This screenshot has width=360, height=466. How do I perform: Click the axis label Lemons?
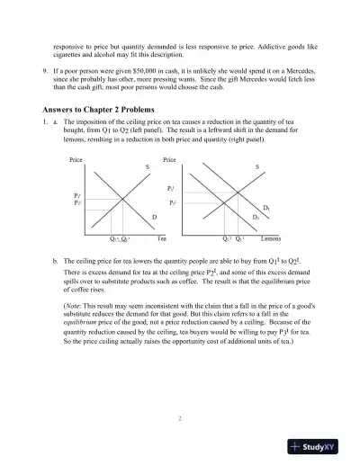pos(273,240)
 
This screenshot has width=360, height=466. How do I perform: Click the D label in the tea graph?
pos(154,217)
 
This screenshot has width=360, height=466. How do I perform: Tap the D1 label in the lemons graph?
pos(266,208)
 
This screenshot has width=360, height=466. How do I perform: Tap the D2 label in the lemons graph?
pos(256,218)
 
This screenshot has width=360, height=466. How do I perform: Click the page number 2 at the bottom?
pos(179,418)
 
